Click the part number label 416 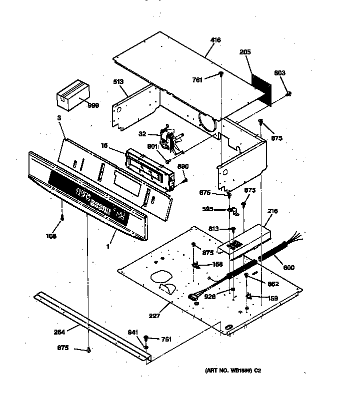coord(215,40)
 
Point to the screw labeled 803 coord(288,94)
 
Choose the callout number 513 coord(118,81)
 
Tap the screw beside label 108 coord(62,218)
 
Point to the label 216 coord(271,212)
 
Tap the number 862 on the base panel coord(273,284)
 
